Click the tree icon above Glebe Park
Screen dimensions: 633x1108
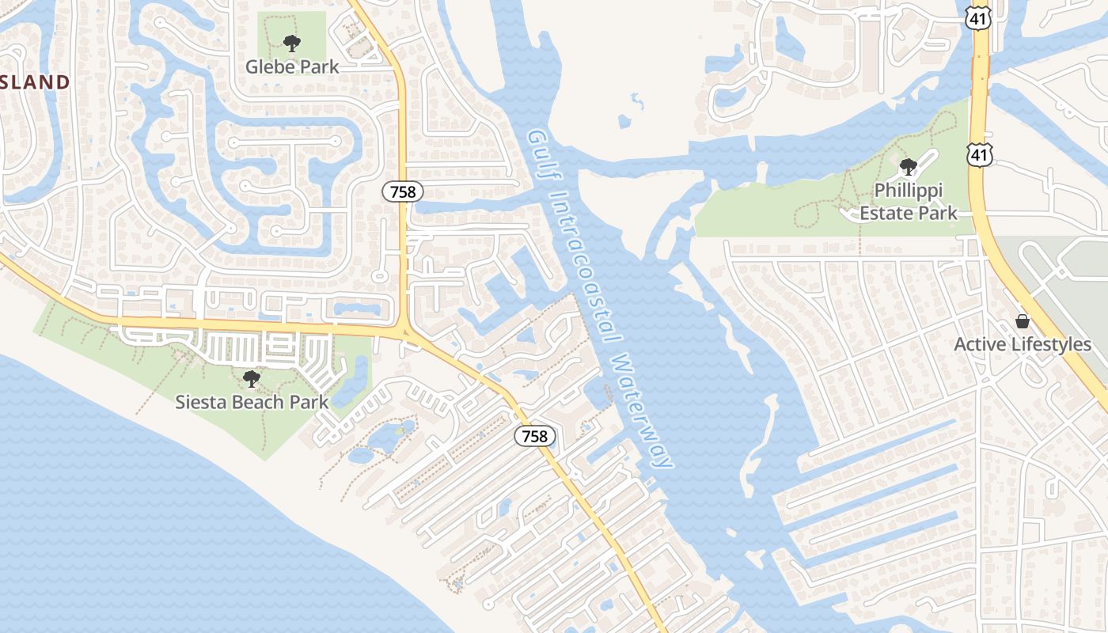[292, 44]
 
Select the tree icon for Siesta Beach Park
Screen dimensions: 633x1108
[252, 379]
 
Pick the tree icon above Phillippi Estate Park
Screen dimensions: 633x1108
[909, 167]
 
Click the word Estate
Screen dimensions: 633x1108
[886, 213]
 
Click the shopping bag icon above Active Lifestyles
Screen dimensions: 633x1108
[1023, 321]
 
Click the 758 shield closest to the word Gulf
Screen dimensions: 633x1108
[403, 191]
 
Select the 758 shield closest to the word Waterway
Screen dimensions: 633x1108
[535, 436]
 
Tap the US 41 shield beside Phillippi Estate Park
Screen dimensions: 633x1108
[980, 154]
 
